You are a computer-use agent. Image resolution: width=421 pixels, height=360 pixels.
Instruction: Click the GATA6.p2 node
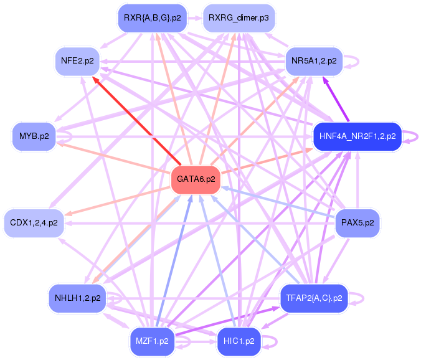[x=196, y=179]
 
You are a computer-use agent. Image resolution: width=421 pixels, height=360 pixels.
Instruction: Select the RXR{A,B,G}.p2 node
[x=152, y=18]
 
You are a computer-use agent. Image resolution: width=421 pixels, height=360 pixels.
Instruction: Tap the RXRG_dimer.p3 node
[x=239, y=18]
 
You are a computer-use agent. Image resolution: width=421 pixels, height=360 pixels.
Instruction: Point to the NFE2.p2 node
[x=77, y=61]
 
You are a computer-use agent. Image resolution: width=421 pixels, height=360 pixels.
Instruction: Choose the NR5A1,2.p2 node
[x=314, y=61]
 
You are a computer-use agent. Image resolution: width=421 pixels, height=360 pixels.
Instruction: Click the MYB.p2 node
[x=34, y=136]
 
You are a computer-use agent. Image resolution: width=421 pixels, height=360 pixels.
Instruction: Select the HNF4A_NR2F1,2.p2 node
[x=357, y=136]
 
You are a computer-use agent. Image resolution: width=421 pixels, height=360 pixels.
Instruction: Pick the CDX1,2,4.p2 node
[x=34, y=223]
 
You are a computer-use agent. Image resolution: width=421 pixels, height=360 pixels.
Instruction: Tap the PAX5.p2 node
[x=357, y=223]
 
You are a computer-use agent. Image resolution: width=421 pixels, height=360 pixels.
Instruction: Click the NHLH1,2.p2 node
[x=77, y=298]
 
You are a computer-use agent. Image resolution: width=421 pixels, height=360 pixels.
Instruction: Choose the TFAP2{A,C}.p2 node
[x=314, y=298]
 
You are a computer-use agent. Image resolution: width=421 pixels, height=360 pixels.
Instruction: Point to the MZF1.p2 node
[x=152, y=341]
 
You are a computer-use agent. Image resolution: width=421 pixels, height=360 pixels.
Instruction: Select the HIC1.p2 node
[x=239, y=341]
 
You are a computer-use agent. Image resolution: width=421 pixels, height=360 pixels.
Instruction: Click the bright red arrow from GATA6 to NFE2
[x=136, y=121]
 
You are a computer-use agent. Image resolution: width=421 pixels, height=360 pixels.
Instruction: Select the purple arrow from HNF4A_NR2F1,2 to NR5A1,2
[x=336, y=99]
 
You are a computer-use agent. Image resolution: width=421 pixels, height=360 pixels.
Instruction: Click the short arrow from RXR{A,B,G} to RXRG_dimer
[x=195, y=18]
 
